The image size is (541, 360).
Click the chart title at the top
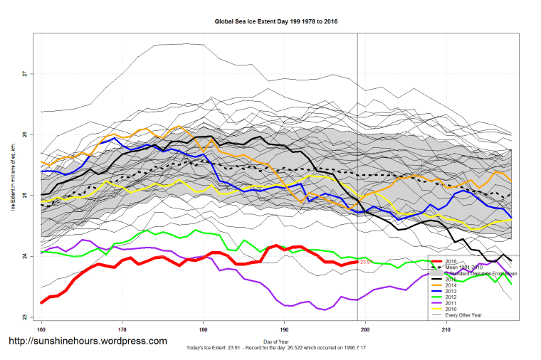(x=276, y=21)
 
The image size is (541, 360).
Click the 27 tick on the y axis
(x=24, y=73)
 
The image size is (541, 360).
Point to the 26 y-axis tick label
(x=24, y=134)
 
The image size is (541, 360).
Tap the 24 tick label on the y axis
(x=24, y=256)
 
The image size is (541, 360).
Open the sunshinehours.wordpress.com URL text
(x=87, y=342)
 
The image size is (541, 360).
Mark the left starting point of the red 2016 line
(x=41, y=302)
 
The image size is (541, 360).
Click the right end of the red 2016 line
(x=357, y=263)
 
